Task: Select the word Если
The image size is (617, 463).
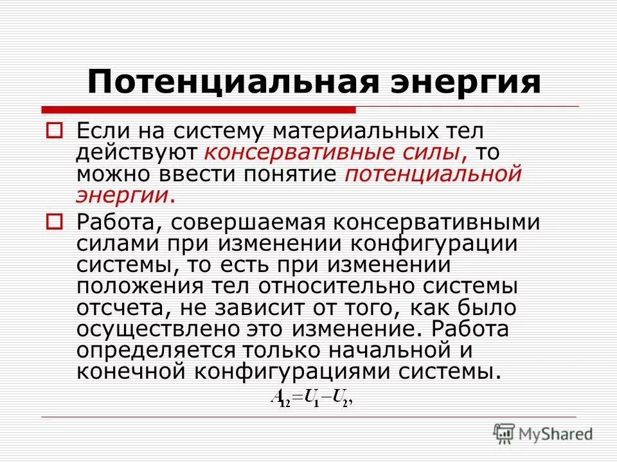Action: [x=97, y=131]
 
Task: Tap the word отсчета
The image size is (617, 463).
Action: [x=118, y=309]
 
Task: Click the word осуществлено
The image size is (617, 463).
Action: [x=144, y=330]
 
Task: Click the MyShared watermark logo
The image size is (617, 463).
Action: [x=544, y=433]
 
